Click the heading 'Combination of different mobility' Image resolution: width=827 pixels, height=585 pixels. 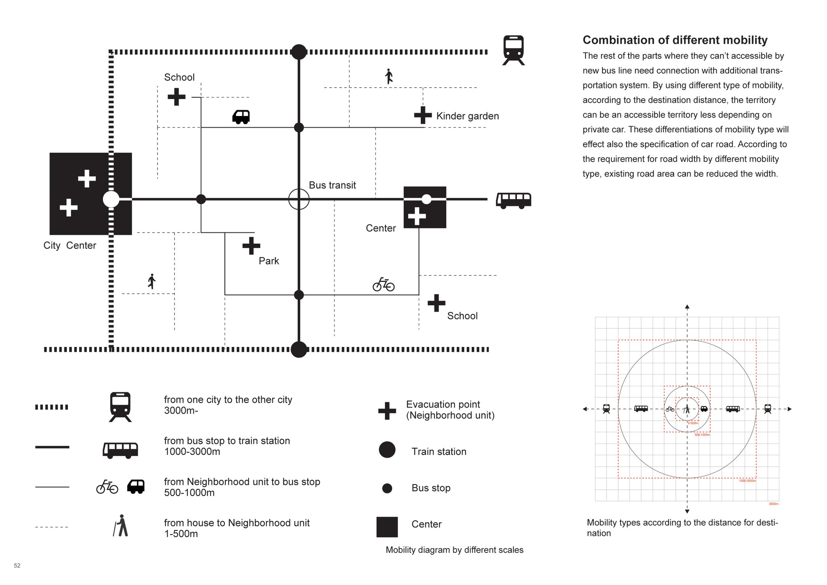tap(675, 40)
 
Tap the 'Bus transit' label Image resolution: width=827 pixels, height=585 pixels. tap(332, 185)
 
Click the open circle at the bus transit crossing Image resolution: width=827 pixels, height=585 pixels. tap(299, 199)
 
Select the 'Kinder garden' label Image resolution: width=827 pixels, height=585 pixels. tap(467, 116)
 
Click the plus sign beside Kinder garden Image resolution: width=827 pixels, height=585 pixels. tap(423, 115)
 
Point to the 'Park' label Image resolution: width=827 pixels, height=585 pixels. tap(269, 261)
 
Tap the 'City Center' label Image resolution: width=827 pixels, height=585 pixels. tap(70, 245)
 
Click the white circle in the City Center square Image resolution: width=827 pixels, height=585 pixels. tap(111, 199)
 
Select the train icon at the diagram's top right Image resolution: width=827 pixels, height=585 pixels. tap(513, 50)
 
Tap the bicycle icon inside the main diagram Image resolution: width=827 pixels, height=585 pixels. tap(383, 284)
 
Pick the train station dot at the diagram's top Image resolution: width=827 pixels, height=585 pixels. tap(299, 52)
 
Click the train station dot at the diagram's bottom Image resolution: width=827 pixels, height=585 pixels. tap(299, 349)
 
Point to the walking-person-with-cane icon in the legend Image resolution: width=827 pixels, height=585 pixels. tap(121, 526)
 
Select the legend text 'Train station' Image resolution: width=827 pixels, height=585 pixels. tap(439, 451)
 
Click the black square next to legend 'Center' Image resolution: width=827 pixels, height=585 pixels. tap(387, 527)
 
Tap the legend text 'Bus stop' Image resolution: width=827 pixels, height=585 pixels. tap(431, 488)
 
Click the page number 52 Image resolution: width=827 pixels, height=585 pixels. tap(17, 566)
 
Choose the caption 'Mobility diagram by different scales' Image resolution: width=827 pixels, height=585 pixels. tap(454, 550)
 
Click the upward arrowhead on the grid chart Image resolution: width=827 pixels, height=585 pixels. tap(687, 307)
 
